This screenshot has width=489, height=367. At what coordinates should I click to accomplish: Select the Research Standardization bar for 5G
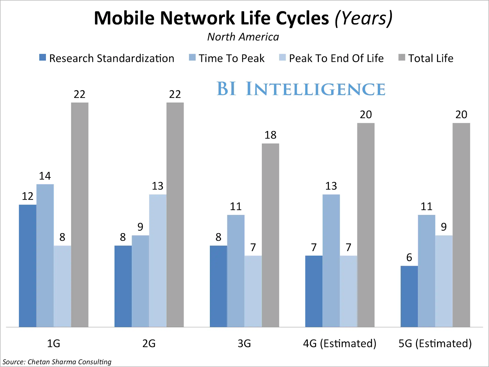409,296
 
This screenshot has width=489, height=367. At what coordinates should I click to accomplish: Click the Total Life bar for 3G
270,235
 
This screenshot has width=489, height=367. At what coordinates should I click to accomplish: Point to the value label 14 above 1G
45,176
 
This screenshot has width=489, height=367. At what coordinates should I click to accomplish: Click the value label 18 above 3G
270,135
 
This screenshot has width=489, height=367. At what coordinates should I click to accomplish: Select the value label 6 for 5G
409,258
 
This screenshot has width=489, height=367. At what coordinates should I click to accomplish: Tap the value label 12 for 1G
28,196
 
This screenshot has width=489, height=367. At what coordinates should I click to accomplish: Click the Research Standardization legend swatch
42,57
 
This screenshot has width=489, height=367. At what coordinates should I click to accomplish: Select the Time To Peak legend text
231,58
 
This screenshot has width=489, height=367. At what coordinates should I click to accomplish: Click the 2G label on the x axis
149,343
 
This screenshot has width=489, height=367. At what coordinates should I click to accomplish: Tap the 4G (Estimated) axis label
340,343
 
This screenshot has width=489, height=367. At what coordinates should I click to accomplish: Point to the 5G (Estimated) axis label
435,343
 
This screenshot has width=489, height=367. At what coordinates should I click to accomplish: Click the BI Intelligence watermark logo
301,89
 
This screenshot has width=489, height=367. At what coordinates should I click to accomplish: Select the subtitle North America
243,37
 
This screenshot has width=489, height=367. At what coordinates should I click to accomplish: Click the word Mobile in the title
124,18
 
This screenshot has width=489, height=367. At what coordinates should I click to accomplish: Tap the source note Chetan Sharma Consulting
57,362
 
